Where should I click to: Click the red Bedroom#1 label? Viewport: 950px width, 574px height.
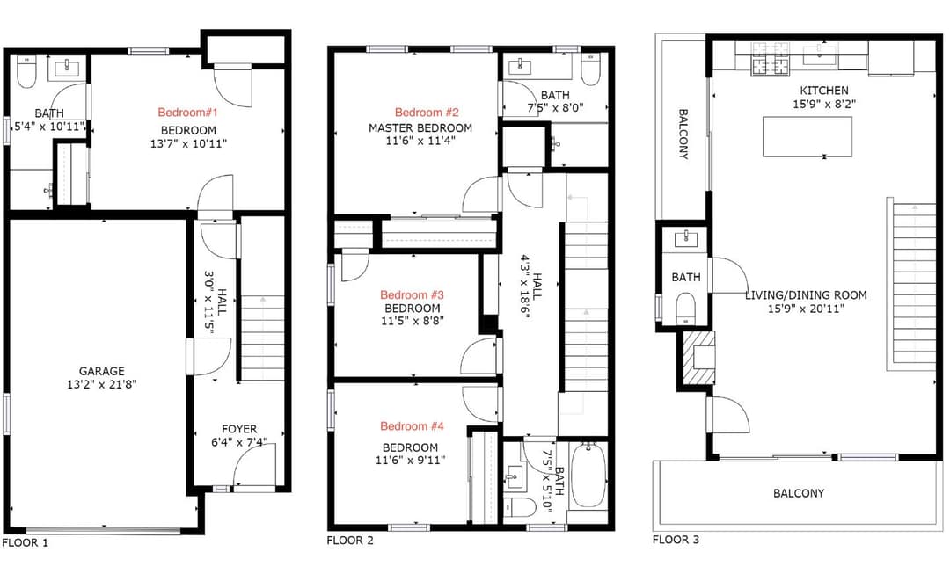(187, 113)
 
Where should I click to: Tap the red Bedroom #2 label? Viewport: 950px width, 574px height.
(427, 113)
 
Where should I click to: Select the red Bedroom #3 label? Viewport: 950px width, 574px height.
(412, 294)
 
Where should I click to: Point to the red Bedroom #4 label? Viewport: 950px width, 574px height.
(412, 426)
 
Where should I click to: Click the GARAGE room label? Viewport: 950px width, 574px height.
(101, 371)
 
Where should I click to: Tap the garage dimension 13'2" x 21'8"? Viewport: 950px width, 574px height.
(101, 384)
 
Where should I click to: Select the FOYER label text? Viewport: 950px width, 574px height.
(238, 429)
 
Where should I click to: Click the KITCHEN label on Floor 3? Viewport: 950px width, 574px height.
(823, 91)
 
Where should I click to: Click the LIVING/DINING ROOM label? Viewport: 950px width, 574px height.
(806, 295)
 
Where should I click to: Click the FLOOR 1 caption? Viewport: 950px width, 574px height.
(26, 542)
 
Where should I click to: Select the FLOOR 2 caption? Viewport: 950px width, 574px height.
(350, 541)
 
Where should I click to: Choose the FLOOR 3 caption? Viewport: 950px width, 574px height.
(676, 540)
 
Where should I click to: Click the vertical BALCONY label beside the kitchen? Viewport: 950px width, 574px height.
(683, 134)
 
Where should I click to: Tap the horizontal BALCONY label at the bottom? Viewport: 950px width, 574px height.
(799, 493)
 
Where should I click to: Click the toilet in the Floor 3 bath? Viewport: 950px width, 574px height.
(685, 307)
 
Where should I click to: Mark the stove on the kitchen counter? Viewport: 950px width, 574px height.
(771, 64)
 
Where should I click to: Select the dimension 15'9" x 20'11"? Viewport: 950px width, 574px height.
(806, 309)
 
